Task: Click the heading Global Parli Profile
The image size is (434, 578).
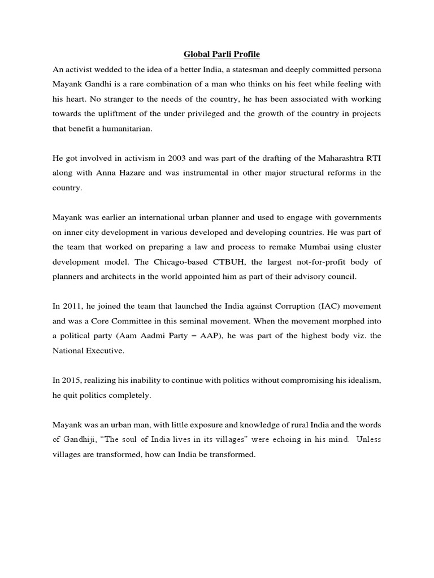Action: tap(217, 55)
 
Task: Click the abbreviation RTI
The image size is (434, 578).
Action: tap(372, 157)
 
